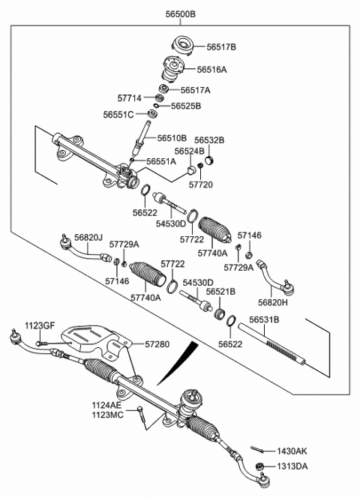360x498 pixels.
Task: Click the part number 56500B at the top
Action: tap(180, 13)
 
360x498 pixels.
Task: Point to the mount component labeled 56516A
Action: tap(175, 71)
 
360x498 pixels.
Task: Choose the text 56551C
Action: tap(119, 115)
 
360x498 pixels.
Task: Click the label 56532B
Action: tap(209, 139)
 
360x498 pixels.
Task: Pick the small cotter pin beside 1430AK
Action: tap(257, 450)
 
